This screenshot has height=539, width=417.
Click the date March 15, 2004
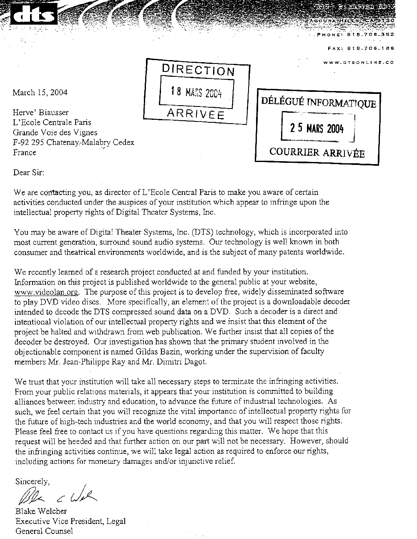point(40,93)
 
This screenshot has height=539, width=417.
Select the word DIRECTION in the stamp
point(198,70)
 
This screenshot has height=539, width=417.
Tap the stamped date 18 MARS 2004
point(197,92)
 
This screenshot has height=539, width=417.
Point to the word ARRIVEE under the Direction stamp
point(196,114)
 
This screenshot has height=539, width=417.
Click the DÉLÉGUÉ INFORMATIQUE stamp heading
point(318,102)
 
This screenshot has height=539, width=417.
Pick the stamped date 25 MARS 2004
point(317,128)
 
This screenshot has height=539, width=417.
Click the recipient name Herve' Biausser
point(41,112)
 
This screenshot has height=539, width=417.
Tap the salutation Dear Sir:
point(28,172)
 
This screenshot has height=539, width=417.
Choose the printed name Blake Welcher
point(41,511)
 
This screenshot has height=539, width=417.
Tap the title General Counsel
point(44,531)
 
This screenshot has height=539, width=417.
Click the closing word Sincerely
point(33,481)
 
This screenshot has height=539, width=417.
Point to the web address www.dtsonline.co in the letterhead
point(359,62)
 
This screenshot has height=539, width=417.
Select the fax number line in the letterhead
point(361,48)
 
